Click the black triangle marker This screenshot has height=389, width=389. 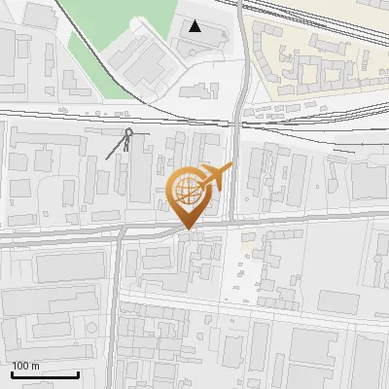point(196,26)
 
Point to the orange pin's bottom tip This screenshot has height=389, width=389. point(187,228)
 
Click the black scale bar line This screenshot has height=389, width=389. point(45,374)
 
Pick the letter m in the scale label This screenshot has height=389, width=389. point(35,366)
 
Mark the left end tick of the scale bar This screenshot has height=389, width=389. point(12,372)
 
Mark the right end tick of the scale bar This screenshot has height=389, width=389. point(78,372)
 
